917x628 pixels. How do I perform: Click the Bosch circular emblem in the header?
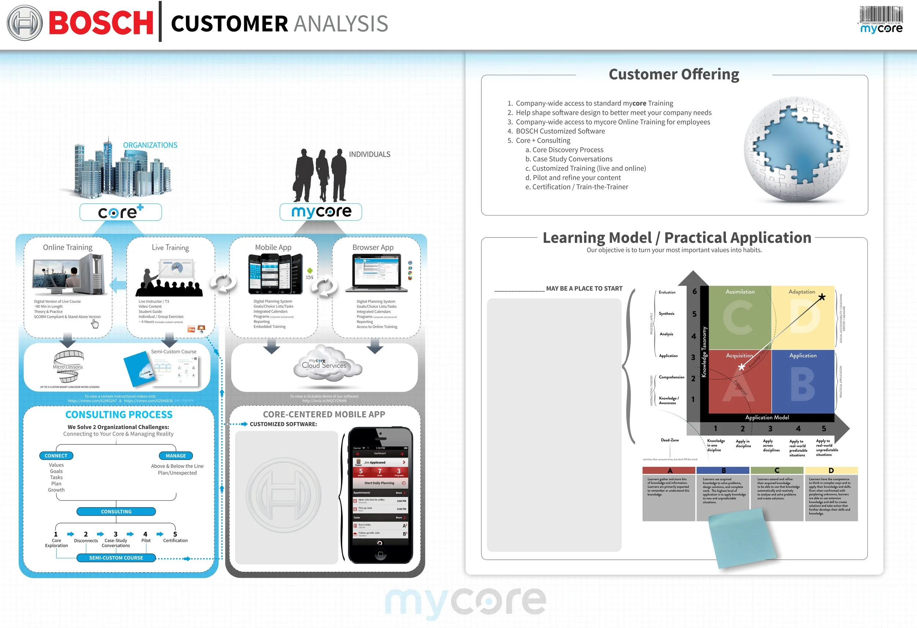[25, 23]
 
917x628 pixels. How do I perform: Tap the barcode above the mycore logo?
[881, 15]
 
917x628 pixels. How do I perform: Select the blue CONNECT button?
[56, 455]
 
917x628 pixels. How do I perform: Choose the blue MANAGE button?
[176, 455]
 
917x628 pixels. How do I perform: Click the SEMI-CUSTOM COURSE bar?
[116, 558]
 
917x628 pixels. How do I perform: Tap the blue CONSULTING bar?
[116, 512]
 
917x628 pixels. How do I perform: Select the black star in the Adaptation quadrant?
[822, 297]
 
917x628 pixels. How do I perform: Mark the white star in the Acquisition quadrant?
[741, 367]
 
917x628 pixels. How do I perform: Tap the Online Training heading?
[67, 247]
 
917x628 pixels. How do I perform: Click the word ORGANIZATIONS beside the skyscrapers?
[150, 145]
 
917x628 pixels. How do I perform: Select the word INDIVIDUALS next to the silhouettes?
[369, 154]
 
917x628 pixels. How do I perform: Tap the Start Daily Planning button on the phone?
[379, 483]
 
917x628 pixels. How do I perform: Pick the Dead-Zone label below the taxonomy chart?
[670, 440]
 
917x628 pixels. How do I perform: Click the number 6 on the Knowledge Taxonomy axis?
[694, 291]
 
